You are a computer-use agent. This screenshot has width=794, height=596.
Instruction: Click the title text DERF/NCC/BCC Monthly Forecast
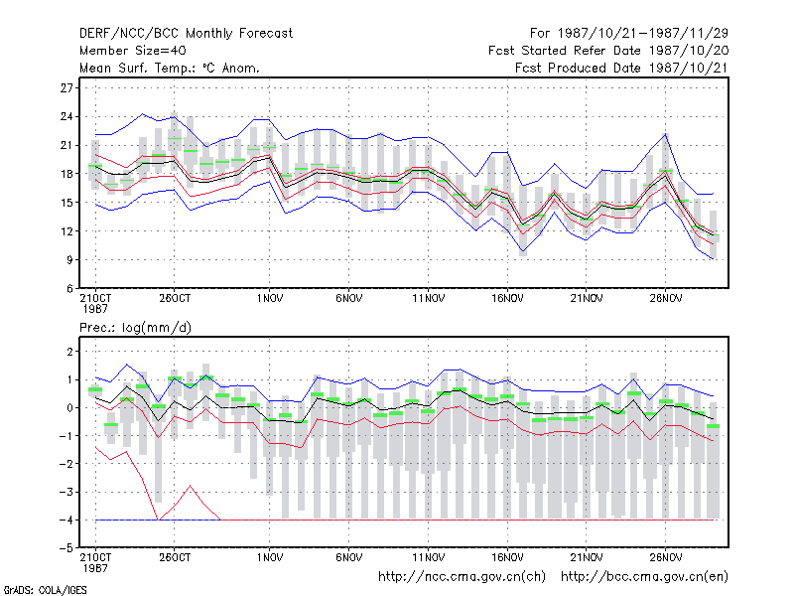click(x=186, y=34)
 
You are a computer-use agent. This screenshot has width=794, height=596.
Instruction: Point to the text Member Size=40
click(x=133, y=51)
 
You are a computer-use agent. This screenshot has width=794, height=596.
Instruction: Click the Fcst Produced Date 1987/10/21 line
click(x=621, y=68)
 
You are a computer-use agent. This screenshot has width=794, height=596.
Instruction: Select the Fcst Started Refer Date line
click(x=608, y=51)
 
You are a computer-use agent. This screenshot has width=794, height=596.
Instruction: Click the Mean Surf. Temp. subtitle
click(x=170, y=68)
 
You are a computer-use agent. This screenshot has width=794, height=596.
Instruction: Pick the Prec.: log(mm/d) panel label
click(x=135, y=328)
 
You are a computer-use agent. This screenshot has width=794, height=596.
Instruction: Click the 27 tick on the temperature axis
click(x=66, y=88)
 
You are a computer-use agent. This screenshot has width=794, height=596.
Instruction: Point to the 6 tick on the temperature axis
click(x=69, y=289)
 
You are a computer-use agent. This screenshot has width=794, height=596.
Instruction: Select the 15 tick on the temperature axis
click(x=66, y=203)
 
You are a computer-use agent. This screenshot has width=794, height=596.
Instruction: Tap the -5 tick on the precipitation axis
click(x=66, y=548)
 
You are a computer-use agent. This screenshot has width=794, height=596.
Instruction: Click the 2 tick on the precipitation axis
click(x=69, y=352)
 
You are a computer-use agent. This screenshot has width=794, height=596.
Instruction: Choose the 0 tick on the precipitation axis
click(x=69, y=408)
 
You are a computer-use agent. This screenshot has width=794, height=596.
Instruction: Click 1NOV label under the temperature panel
click(x=269, y=299)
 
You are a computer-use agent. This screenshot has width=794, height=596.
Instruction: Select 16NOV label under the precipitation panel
click(x=507, y=557)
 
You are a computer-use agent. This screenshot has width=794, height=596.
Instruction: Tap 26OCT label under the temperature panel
click(x=175, y=299)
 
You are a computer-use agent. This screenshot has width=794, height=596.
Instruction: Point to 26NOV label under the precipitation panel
click(x=665, y=557)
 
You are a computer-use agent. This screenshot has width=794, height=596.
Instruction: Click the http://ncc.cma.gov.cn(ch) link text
click(x=462, y=577)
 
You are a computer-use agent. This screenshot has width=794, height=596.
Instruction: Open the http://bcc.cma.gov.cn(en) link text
click(x=644, y=577)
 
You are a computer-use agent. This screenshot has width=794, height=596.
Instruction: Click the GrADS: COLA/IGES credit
click(x=45, y=590)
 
